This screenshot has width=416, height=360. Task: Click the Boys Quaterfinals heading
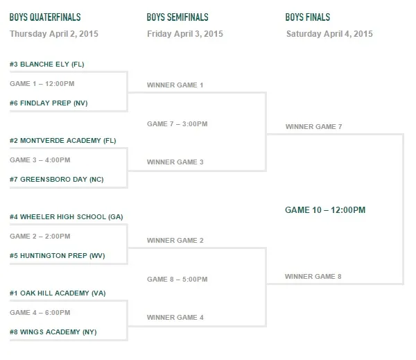(x=45, y=17)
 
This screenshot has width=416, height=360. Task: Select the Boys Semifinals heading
(x=177, y=17)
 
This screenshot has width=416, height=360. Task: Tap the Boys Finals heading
(x=308, y=17)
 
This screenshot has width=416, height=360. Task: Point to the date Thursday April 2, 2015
(x=54, y=34)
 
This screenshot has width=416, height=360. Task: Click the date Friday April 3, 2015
(x=185, y=34)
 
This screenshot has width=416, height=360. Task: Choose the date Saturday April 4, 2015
(x=329, y=34)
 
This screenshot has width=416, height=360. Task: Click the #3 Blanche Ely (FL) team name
(x=47, y=65)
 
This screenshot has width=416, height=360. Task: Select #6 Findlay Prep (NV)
(x=49, y=103)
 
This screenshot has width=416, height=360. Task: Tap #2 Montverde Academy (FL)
(x=63, y=140)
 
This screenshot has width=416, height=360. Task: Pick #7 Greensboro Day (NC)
(x=57, y=180)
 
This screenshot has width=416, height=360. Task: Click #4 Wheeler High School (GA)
(x=67, y=217)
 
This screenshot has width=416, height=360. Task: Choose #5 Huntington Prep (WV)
(x=58, y=256)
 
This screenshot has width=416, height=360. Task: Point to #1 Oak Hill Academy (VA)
(x=58, y=293)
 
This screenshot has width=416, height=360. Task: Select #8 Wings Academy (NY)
(x=53, y=332)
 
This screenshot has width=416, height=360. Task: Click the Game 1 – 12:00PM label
(x=42, y=84)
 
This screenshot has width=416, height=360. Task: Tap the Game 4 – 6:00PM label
(x=40, y=312)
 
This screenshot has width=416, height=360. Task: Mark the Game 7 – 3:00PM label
(x=177, y=124)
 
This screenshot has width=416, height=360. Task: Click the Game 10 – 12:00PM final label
(x=325, y=210)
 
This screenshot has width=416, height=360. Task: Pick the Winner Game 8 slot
(x=313, y=276)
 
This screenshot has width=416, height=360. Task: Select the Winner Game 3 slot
(x=175, y=162)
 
